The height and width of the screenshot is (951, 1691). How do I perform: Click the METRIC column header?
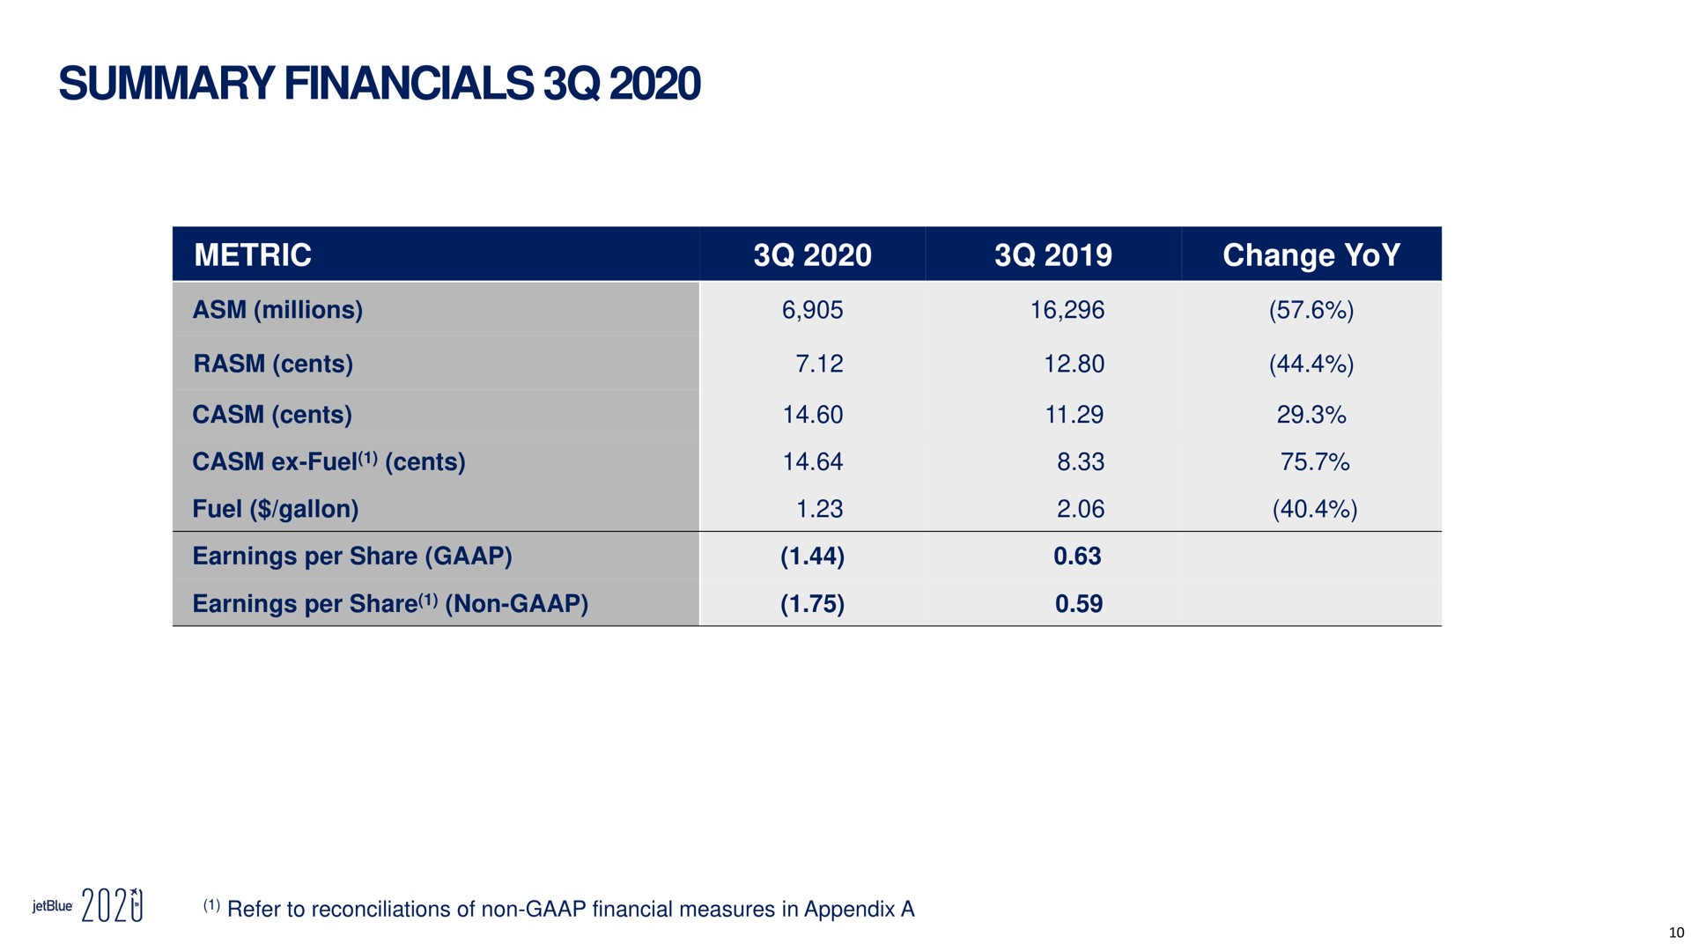253,255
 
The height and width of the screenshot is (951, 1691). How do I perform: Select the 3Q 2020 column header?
812,255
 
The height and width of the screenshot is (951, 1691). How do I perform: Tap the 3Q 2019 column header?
1053,255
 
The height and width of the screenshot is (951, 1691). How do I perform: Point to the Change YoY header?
1311,255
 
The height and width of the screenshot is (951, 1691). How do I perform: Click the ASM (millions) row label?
277,310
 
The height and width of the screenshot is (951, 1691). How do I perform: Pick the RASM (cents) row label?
273,364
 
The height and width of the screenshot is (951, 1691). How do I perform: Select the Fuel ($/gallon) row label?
276,509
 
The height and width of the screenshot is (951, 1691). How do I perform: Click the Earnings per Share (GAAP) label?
352,557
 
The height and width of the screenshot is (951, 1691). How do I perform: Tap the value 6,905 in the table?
812,310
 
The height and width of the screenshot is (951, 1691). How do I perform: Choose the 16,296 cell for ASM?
1067,310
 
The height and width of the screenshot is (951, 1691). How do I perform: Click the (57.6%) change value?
1311,310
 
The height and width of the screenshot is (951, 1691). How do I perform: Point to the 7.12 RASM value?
819,364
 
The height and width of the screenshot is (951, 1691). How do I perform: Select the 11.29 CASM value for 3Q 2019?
1074,414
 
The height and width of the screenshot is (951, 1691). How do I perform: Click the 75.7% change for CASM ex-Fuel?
1315,461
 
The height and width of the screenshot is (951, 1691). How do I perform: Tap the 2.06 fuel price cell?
1081,509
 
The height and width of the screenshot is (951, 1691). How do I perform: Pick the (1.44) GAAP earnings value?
812,557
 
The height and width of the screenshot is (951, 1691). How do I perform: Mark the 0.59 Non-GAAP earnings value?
1079,604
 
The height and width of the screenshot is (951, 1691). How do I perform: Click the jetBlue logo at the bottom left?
52,906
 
